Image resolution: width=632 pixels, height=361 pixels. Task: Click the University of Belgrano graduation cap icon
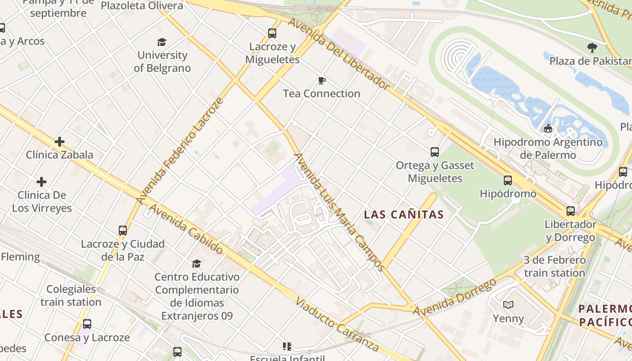click(x=162, y=42)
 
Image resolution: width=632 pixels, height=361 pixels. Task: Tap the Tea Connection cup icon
click(x=321, y=81)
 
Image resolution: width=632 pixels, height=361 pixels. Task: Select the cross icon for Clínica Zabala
click(x=60, y=142)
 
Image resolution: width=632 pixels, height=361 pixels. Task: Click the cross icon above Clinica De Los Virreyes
click(x=42, y=182)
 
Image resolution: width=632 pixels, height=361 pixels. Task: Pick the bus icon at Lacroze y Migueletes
click(x=272, y=33)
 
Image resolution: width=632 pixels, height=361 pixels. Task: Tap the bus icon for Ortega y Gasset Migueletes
click(x=435, y=152)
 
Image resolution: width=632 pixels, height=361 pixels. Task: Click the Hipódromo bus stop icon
click(x=508, y=180)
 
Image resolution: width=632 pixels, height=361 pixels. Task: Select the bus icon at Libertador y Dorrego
click(x=571, y=211)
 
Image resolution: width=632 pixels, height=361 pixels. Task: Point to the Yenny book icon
click(x=508, y=305)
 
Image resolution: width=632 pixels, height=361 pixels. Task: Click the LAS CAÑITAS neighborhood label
click(x=404, y=215)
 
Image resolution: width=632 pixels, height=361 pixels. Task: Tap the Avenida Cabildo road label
click(x=186, y=229)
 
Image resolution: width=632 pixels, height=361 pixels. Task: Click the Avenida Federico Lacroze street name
click(x=180, y=151)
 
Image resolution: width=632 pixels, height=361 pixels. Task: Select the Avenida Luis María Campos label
click(x=339, y=212)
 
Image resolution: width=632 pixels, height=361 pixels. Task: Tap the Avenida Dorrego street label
click(x=455, y=298)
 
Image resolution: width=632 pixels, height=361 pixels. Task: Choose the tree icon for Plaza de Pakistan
click(x=592, y=48)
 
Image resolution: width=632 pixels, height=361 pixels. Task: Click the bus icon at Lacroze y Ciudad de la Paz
click(x=123, y=231)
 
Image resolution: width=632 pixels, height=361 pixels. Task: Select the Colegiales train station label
click(x=71, y=296)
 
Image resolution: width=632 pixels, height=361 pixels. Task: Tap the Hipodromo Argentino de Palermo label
click(x=548, y=148)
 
